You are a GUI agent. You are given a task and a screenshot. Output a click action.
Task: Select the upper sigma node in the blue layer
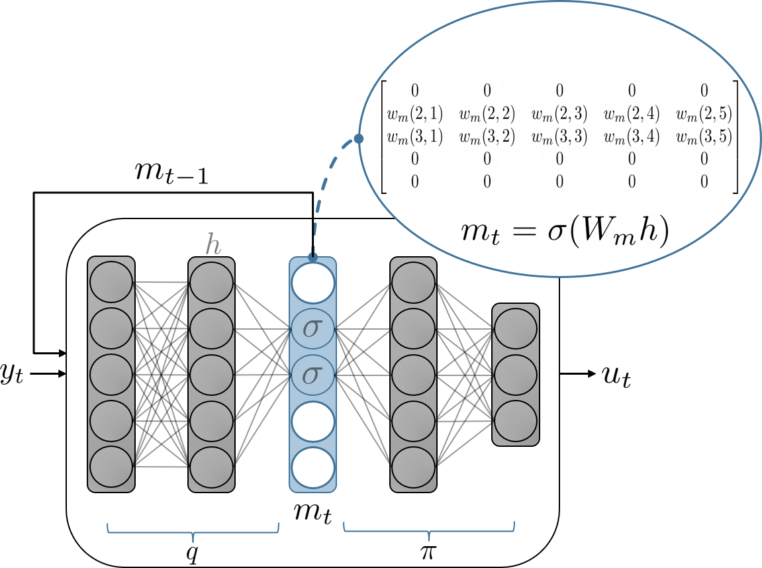(x=312, y=329)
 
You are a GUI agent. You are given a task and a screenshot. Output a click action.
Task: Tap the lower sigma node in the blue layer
(x=312, y=375)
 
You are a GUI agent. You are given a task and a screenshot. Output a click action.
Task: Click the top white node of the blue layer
(x=312, y=283)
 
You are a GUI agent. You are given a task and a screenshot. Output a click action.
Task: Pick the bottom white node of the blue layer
(x=312, y=467)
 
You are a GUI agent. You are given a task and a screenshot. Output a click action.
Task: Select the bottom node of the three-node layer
(x=516, y=421)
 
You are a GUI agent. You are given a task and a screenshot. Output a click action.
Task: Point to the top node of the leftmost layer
(x=111, y=283)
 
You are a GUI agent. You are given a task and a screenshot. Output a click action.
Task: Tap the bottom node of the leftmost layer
(x=111, y=467)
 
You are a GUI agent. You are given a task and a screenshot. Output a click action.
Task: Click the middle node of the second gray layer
(x=212, y=375)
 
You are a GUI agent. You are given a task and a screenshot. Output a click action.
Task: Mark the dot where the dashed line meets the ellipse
(x=358, y=138)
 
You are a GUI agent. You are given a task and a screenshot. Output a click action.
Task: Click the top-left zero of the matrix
(x=414, y=91)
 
